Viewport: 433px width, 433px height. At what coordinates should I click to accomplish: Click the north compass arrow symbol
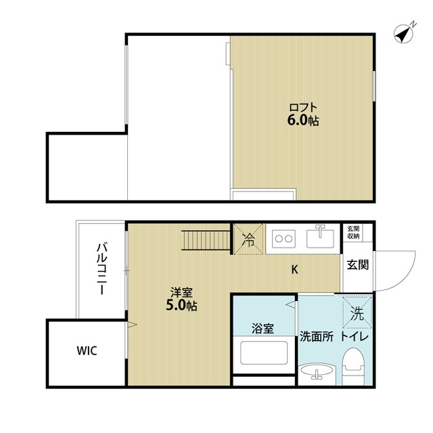(x=405, y=32)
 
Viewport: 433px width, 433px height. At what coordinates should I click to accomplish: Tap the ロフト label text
(x=302, y=108)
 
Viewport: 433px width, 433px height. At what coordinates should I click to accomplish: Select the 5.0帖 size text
(x=182, y=306)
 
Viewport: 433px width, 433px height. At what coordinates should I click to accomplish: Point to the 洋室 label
(x=181, y=292)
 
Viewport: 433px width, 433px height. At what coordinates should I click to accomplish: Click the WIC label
(x=87, y=350)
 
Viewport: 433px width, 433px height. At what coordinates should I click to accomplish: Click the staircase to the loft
(x=206, y=240)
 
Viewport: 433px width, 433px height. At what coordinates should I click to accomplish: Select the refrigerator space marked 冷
(x=249, y=239)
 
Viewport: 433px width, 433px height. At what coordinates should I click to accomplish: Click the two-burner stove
(x=283, y=239)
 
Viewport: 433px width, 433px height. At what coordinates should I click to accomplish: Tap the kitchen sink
(x=321, y=238)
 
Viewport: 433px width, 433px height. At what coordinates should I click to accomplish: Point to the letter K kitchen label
(x=295, y=271)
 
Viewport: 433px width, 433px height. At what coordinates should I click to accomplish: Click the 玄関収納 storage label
(x=354, y=233)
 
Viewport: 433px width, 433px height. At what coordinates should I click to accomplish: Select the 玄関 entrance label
(x=358, y=265)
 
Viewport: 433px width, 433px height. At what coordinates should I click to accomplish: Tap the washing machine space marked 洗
(x=357, y=312)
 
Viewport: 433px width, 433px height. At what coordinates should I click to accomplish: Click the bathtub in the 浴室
(x=264, y=353)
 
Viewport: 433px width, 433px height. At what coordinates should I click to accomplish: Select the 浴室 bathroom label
(x=263, y=329)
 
